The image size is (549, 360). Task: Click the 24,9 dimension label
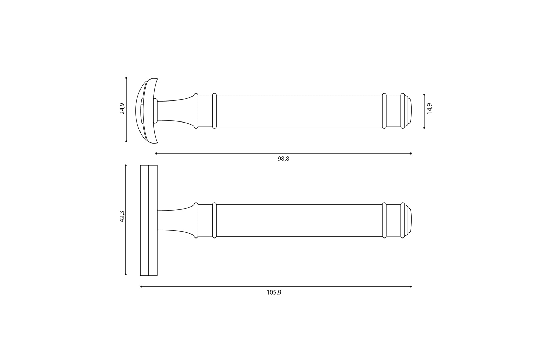(x=122, y=108)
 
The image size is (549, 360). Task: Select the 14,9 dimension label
(x=429, y=108)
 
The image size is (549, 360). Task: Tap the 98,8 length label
(x=283, y=159)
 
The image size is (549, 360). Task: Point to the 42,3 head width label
(x=122, y=216)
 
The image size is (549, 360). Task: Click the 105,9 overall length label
(x=274, y=293)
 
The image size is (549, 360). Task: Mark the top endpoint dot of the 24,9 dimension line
(x=126, y=78)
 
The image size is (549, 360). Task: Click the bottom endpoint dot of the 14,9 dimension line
(x=424, y=128)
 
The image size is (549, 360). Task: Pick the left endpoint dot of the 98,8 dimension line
(x=156, y=153)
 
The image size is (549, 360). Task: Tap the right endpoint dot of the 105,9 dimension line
(x=411, y=287)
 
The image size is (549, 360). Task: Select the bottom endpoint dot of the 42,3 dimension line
(x=125, y=274)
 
